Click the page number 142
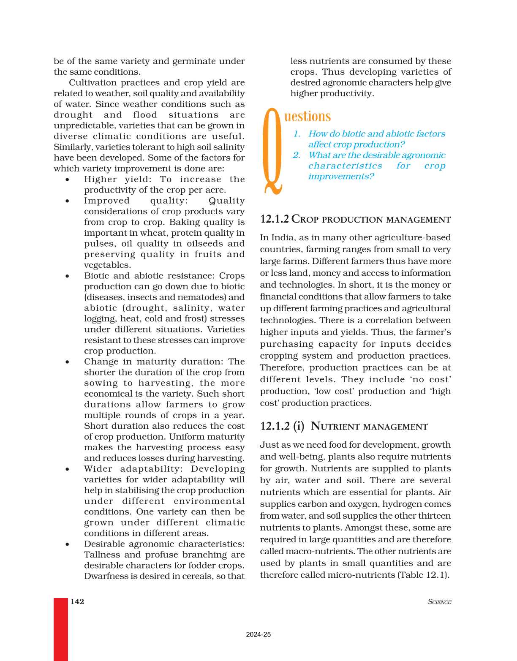77,601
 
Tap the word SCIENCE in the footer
439,602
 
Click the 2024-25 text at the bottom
258,634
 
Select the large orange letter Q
272,151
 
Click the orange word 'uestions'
307,116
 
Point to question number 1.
297,134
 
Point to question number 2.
297,155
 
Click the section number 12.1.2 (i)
282,426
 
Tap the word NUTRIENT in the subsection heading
335,427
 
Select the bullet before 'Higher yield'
68,180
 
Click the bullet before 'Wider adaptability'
68,469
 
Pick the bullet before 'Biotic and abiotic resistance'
68,276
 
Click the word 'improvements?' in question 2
341,177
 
